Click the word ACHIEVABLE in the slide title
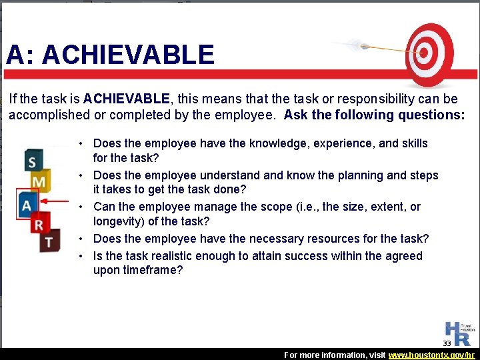[x=129, y=55]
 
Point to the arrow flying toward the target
[x=373, y=47]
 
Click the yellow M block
[x=39, y=181]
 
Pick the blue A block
[x=27, y=203]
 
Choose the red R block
[x=40, y=222]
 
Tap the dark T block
[x=48, y=240]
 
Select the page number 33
[x=447, y=343]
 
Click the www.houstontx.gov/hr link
[x=432, y=355]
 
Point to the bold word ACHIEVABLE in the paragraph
[x=127, y=99]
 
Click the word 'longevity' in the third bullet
[x=117, y=221]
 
